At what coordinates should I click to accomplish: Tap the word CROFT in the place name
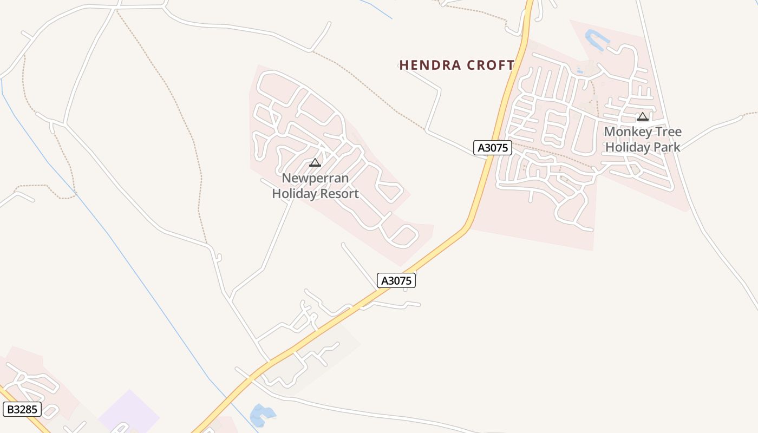tap(489, 65)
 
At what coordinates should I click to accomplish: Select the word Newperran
tap(315, 178)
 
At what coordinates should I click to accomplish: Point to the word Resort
tap(339, 193)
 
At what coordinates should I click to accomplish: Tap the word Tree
tap(666, 132)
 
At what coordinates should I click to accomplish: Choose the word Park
tap(668, 147)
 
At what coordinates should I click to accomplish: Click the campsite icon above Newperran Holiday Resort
tap(315, 162)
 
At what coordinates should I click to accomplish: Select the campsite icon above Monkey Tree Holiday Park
tap(643, 116)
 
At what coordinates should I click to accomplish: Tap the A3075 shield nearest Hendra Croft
tap(493, 148)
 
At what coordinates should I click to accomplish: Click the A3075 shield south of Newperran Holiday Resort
tap(396, 280)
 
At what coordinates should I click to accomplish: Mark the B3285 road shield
tap(22, 409)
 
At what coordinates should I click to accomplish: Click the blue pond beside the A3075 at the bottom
tap(261, 415)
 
